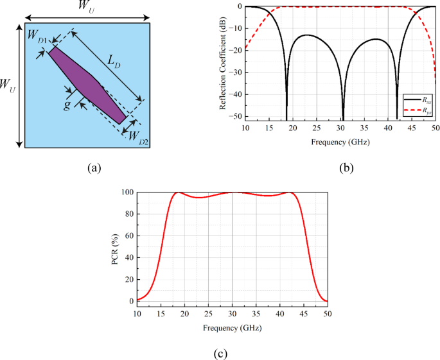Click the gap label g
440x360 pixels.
click(67, 105)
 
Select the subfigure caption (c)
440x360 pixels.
click(219, 352)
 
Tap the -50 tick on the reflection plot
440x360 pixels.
click(236, 116)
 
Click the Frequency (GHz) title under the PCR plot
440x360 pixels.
click(232, 327)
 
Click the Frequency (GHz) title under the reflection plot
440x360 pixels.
click(340, 141)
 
